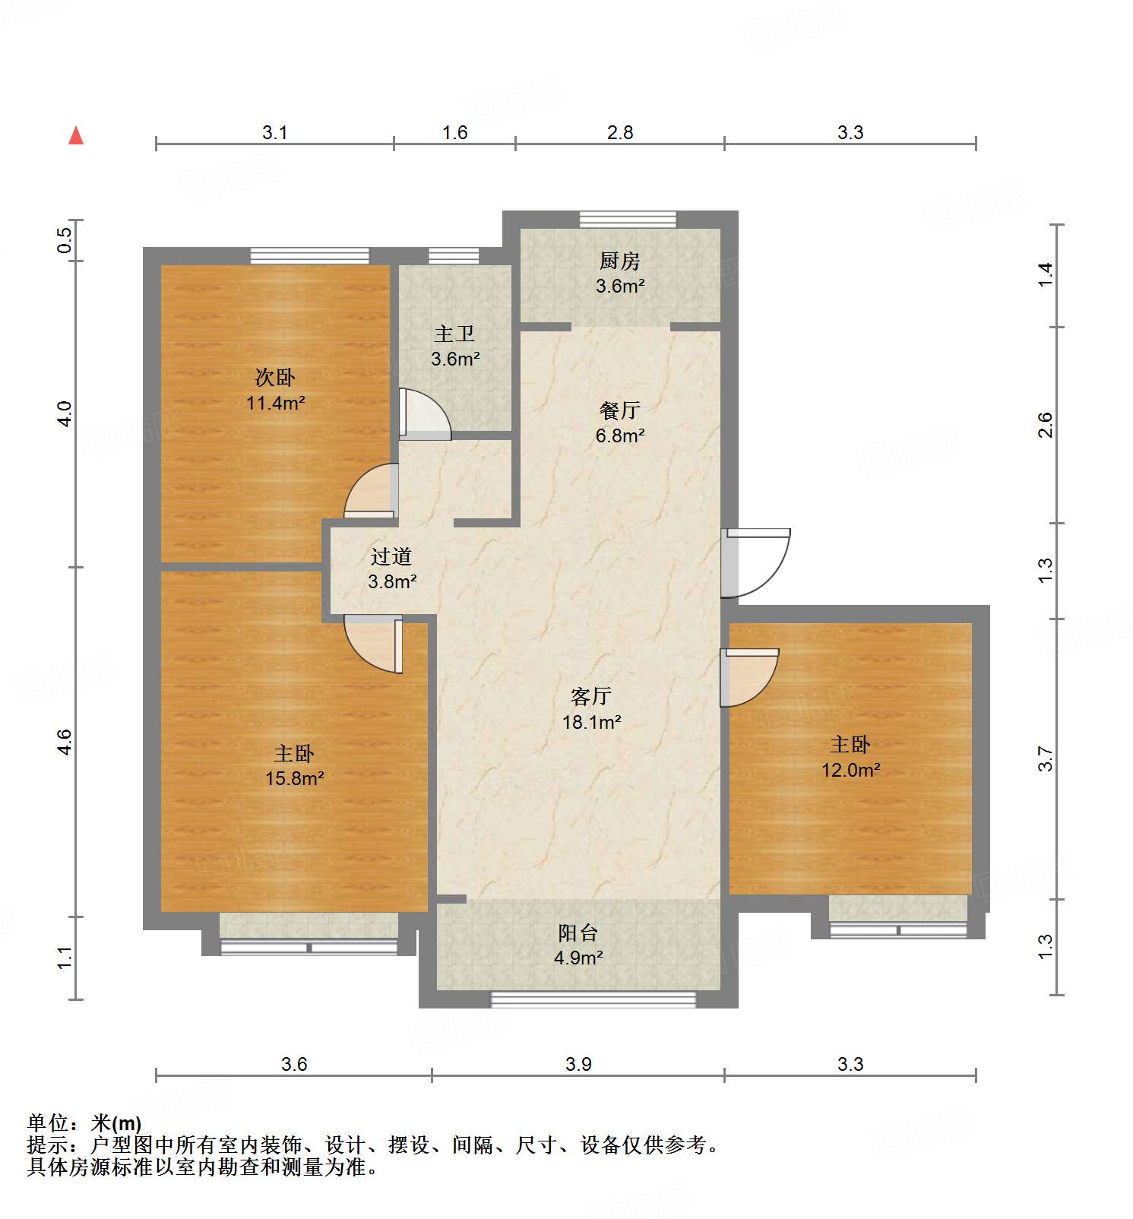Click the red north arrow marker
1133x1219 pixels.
76,136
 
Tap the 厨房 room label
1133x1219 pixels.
619,261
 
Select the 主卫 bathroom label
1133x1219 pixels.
454,334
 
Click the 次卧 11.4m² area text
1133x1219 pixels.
275,403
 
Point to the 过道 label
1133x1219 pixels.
391,556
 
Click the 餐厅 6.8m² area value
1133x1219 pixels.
620,435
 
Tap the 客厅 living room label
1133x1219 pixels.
591,696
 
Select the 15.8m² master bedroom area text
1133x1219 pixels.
294,778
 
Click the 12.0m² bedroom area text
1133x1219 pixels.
850,770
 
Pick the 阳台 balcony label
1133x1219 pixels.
578,932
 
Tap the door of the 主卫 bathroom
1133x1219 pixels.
424,415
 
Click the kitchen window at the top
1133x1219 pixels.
628,219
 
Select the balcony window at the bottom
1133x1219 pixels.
593,999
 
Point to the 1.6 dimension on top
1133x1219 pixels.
454,133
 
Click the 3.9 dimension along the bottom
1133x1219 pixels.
578,1064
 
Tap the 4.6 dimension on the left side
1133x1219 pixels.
65,742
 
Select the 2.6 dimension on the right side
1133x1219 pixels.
1046,424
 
